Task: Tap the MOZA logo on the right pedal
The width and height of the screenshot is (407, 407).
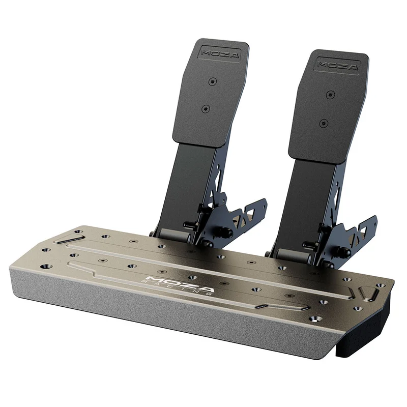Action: (338, 65)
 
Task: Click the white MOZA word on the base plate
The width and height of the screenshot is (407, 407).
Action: (180, 283)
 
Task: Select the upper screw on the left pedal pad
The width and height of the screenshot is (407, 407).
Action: (213, 82)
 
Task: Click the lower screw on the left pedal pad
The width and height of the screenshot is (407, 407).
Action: (206, 109)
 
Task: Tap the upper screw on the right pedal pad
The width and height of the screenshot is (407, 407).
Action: (330, 94)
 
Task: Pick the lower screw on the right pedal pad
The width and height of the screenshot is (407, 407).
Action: (324, 123)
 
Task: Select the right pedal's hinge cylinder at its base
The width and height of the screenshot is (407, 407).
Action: (293, 255)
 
